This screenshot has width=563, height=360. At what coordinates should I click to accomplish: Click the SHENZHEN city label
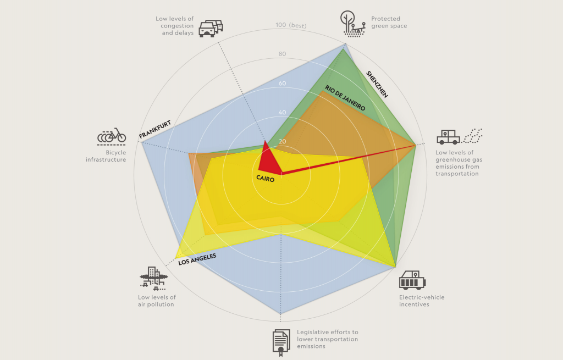tap(377, 85)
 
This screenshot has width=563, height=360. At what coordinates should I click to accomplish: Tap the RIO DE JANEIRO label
tap(345, 99)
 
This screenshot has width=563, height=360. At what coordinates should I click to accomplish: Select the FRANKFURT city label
tap(154, 129)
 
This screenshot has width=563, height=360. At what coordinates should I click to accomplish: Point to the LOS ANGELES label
tap(197, 259)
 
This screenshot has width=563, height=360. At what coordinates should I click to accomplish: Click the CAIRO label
tap(265, 178)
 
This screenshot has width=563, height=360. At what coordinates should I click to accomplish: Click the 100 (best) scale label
tap(291, 25)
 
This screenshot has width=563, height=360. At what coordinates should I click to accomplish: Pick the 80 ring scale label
tap(282, 54)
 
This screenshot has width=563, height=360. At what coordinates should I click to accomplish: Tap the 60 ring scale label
tap(282, 84)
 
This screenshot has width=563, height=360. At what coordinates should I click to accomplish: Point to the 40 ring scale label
tap(282, 113)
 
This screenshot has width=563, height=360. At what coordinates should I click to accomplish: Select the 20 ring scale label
tap(282, 142)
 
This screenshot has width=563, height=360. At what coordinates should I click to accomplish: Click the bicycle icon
tap(112, 135)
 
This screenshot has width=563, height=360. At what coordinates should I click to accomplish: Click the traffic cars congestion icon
tap(211, 28)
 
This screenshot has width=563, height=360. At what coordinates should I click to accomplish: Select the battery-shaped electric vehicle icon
tap(412, 280)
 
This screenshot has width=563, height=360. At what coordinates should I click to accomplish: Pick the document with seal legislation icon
tap(281, 341)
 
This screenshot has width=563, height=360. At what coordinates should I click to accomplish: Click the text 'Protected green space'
tap(389, 22)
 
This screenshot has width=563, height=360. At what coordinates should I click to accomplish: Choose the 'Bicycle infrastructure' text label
tap(106, 156)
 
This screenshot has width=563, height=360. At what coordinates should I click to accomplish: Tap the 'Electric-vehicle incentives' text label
tap(422, 301)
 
